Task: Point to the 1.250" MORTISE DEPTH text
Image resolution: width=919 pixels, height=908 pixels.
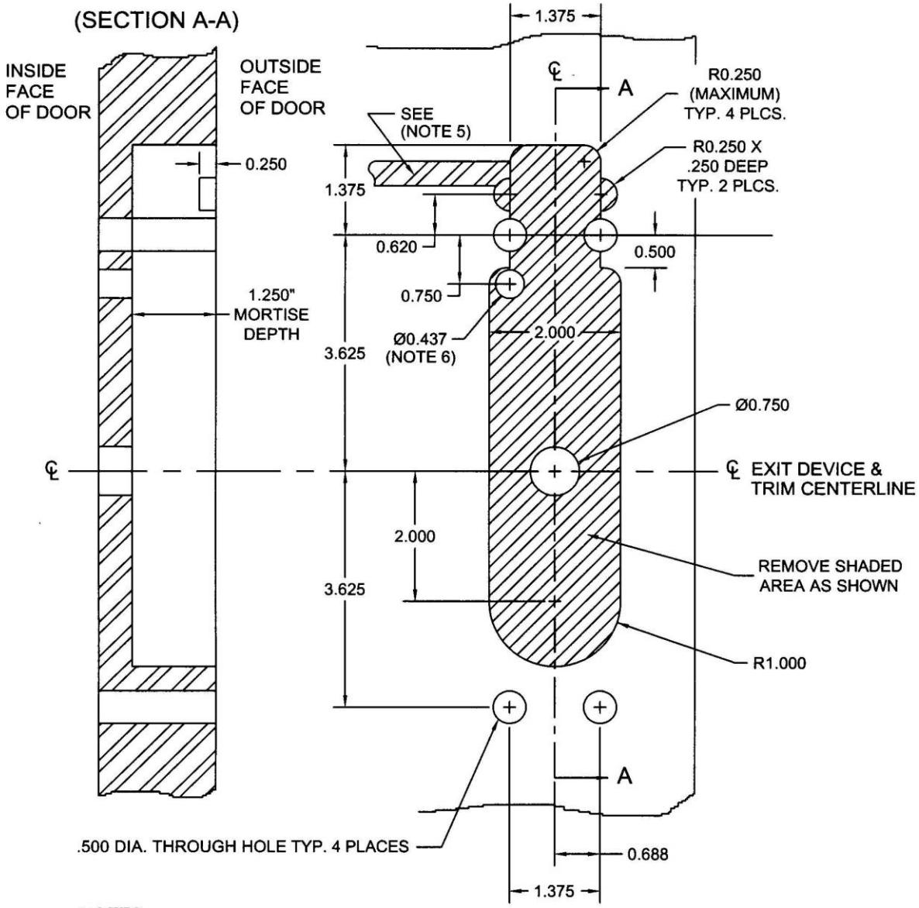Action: click(x=271, y=315)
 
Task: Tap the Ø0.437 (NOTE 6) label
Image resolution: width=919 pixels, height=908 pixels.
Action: click(x=424, y=348)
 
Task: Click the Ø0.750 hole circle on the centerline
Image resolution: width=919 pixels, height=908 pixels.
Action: click(x=554, y=470)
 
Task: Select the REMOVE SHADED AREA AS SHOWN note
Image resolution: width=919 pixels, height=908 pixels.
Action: click(x=829, y=575)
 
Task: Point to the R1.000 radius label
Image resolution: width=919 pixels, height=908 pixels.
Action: click(x=780, y=663)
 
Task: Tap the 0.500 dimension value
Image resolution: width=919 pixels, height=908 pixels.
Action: click(x=654, y=252)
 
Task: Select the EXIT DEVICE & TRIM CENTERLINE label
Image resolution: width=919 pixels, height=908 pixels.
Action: click(x=832, y=479)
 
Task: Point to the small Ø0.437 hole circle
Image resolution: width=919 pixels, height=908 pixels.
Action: click(x=508, y=284)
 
